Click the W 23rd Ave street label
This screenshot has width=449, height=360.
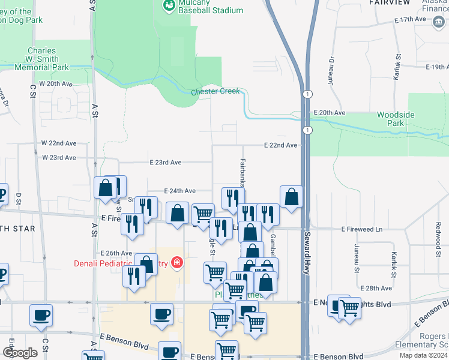[59, 157]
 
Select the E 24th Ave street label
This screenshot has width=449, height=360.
[179, 190]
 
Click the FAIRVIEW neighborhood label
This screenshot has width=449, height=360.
[390, 3]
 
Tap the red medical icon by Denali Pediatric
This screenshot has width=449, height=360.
[176, 263]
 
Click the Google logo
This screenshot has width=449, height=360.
[20, 352]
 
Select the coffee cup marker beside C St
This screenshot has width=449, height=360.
[41, 315]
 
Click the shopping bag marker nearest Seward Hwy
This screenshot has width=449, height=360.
[291, 196]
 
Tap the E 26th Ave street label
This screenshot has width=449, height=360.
[116, 253]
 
